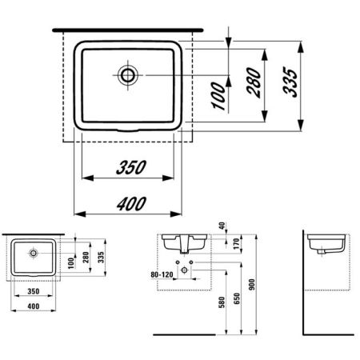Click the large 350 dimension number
(131, 167)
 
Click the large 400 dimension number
(131, 204)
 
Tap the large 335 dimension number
(290, 82)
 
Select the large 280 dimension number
(254, 82)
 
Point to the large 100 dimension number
(219, 96)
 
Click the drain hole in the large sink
(127, 75)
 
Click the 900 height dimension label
(252, 284)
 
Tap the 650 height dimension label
(237, 298)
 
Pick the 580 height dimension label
(222, 302)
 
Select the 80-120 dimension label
(162, 274)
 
